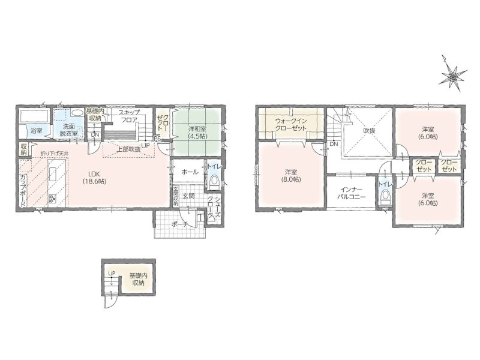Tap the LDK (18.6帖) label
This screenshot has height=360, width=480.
point(94,178)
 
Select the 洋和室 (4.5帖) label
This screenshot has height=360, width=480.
point(197,133)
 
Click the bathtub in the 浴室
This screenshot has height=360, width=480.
point(34,117)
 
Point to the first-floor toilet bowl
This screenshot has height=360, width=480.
point(214,181)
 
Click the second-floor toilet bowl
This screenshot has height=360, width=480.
point(385,197)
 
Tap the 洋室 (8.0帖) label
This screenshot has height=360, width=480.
point(290,176)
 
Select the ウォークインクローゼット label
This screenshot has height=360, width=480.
point(290,125)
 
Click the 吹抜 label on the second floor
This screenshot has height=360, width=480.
point(369,131)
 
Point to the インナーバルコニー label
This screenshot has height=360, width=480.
point(351,193)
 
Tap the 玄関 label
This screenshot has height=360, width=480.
point(189,196)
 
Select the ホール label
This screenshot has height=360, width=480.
point(190,172)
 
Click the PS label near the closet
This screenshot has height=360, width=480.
point(157,139)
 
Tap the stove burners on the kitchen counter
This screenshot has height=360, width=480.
point(52,199)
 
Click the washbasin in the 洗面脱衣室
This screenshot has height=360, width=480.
point(77,112)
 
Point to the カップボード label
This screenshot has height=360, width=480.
point(23,190)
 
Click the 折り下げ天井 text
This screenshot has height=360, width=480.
point(54,154)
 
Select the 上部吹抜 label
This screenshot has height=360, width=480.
point(129,149)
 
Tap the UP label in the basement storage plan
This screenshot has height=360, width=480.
point(112,273)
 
